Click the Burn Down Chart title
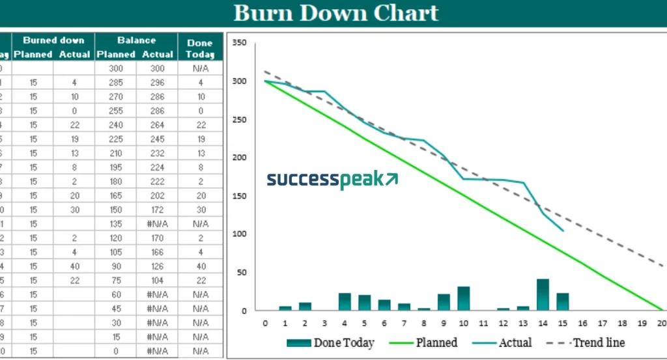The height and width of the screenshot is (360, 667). click(336, 13)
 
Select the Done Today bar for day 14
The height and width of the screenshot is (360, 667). click(543, 295)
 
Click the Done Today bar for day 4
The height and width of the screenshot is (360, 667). click(345, 301)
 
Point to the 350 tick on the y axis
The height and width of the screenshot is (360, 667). click(240, 43)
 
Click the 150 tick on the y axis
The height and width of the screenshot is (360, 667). click(240, 196)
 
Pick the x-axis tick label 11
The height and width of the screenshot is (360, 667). click(483, 322)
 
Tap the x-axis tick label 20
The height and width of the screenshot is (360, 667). click(662, 322)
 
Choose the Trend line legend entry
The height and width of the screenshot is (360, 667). click(589, 342)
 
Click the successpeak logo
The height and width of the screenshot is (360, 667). click(332, 180)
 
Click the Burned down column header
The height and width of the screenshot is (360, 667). click(54, 40)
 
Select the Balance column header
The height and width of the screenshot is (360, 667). click(136, 40)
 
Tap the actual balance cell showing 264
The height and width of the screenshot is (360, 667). click(157, 125)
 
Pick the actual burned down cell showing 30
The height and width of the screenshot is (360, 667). click(74, 210)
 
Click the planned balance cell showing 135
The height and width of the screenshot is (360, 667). click(116, 224)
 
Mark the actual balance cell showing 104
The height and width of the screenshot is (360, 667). click(157, 281)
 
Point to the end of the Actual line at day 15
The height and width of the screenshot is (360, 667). click(563, 230)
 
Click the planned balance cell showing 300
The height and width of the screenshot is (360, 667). click(116, 68)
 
